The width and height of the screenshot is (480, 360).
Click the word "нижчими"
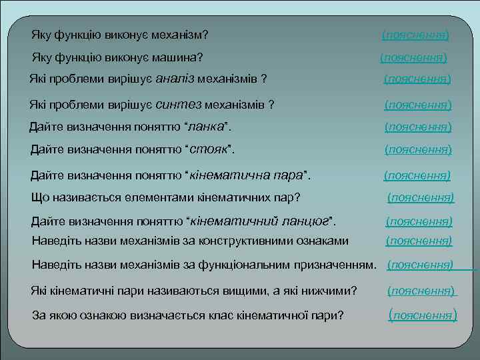pyautogui.click(x=330, y=291)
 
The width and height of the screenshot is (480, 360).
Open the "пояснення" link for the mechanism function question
pyautogui.click(x=415, y=34)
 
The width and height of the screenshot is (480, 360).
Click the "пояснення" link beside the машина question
pyautogui.click(x=413, y=58)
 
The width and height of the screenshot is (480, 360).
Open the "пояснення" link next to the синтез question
pyautogui.click(x=418, y=105)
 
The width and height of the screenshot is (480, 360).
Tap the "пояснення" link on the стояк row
pyautogui.click(x=418, y=150)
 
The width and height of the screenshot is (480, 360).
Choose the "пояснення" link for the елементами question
pyautogui.click(x=421, y=197)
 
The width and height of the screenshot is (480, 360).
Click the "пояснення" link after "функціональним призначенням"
pyautogui.click(x=420, y=265)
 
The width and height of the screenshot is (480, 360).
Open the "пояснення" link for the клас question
pyautogui.click(x=423, y=315)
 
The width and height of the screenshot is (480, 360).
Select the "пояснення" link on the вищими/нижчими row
pyautogui.click(x=421, y=291)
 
